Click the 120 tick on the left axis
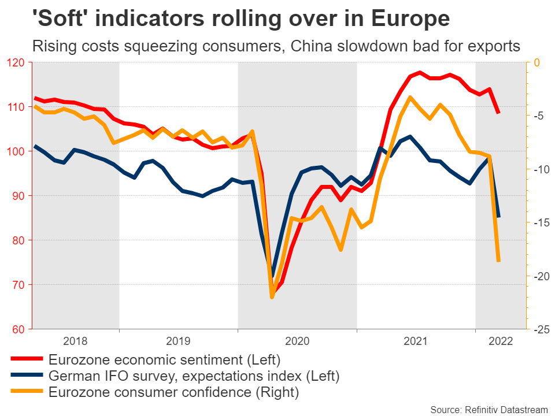point(16,62)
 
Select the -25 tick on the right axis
point(541,329)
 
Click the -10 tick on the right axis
point(541,169)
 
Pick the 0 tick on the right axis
point(536,62)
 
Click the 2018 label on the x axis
point(76,340)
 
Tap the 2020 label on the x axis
point(297,340)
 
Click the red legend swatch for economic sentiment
point(27,361)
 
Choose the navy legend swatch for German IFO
point(27,377)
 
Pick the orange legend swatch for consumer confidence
point(27,393)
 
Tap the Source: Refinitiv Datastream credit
point(489,409)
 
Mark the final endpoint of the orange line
point(498,261)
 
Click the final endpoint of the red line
point(498,113)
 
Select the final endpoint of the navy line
point(498,217)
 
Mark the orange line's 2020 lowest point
point(272,297)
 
